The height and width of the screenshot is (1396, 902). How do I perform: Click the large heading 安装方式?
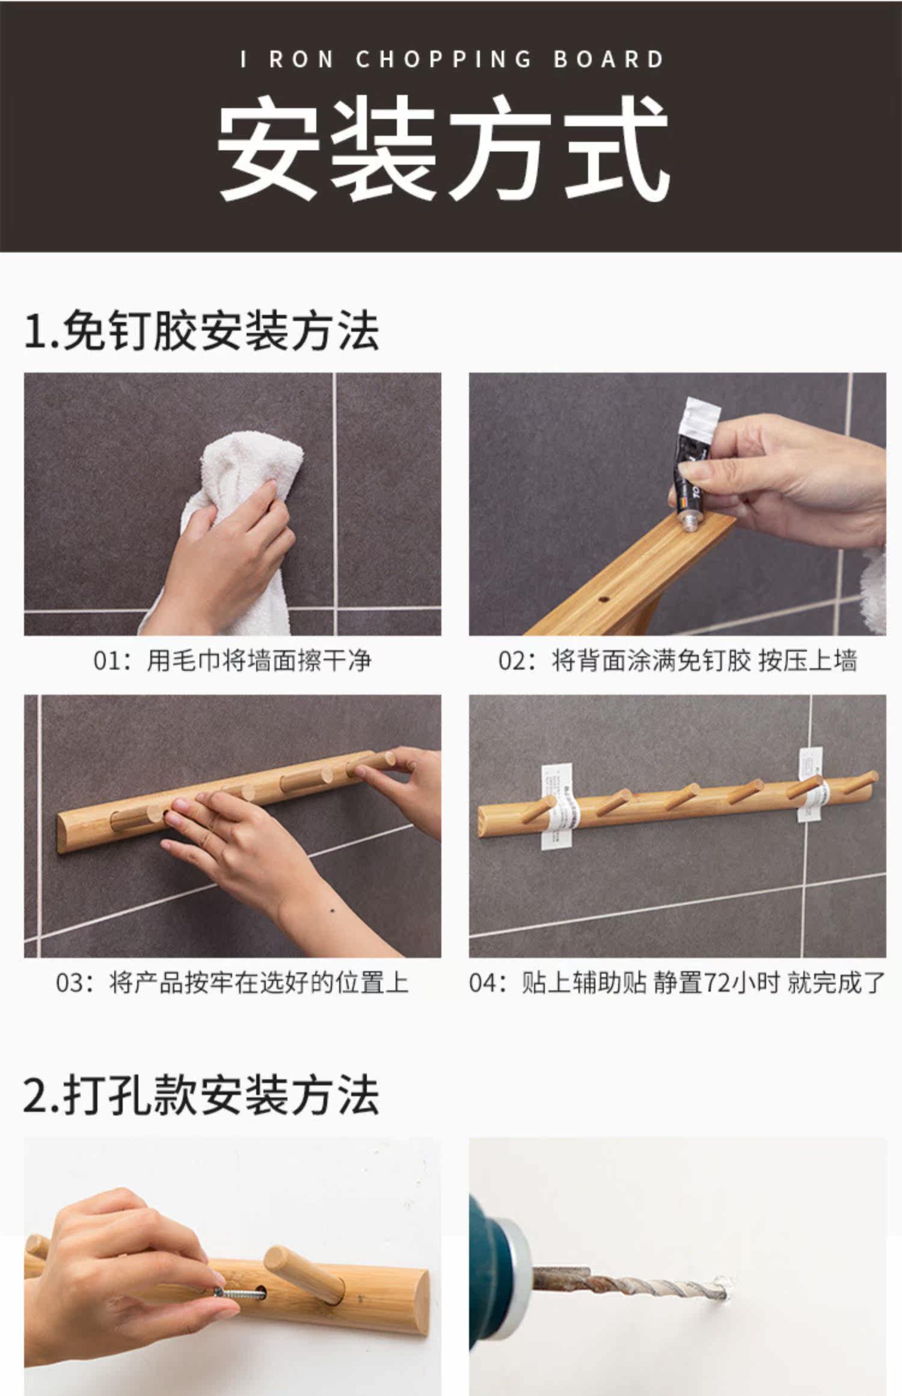(443, 148)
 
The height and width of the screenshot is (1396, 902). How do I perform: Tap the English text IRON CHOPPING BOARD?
(452, 60)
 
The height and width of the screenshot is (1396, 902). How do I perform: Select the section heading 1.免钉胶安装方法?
(201, 331)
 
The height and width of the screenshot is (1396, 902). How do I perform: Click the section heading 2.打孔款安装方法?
(201, 1095)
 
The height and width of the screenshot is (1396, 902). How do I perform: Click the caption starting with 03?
(232, 984)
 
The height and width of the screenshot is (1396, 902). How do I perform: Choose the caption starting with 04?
(677, 984)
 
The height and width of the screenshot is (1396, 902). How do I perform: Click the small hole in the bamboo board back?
(604, 600)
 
